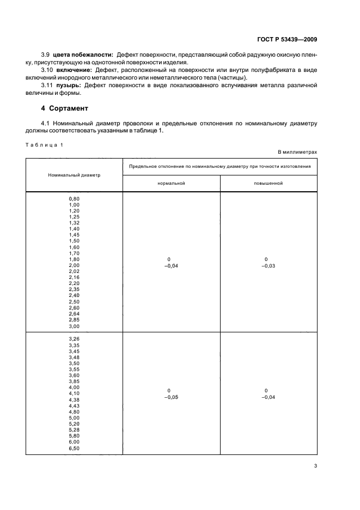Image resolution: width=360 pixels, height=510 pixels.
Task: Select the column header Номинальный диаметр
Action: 74,175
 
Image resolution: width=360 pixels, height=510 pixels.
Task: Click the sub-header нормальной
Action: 172,183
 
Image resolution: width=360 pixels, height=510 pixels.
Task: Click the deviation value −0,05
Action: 171,397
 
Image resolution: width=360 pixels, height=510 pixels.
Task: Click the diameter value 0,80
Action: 74,199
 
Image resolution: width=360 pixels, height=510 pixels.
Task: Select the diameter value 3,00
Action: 74,326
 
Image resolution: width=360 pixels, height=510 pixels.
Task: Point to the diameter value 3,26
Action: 74,338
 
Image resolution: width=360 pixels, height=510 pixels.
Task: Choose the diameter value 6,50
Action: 74,448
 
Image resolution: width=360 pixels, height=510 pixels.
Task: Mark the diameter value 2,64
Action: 74,313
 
